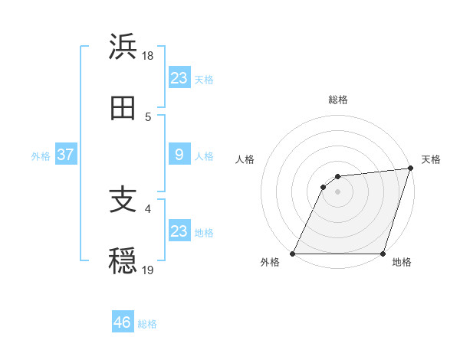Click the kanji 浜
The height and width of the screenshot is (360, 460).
click(123, 47)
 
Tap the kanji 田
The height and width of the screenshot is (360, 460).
click(123, 109)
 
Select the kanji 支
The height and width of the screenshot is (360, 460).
click(123, 201)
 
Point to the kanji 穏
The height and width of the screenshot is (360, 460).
click(123, 262)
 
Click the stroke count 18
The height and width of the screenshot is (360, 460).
click(148, 56)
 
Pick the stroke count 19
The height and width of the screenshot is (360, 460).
click(148, 270)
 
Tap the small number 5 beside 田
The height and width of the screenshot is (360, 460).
click(148, 117)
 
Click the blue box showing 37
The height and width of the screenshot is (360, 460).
click(65, 155)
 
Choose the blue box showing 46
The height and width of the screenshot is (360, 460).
click(123, 322)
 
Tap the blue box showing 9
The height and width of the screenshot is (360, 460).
click(179, 155)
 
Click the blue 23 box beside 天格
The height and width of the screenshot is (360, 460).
click(179, 78)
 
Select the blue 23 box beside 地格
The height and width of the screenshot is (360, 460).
click(179, 231)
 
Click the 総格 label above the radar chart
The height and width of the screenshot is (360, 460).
click(338, 100)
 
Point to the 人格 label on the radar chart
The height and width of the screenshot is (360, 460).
click(245, 159)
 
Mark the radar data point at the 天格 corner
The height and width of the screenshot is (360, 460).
click(411, 169)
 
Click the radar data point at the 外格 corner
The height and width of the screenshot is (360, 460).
click(293, 254)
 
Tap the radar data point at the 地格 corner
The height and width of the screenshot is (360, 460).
click(383, 254)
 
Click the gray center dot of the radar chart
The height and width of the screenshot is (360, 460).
click(338, 192)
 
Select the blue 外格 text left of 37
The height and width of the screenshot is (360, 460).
click(41, 155)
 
